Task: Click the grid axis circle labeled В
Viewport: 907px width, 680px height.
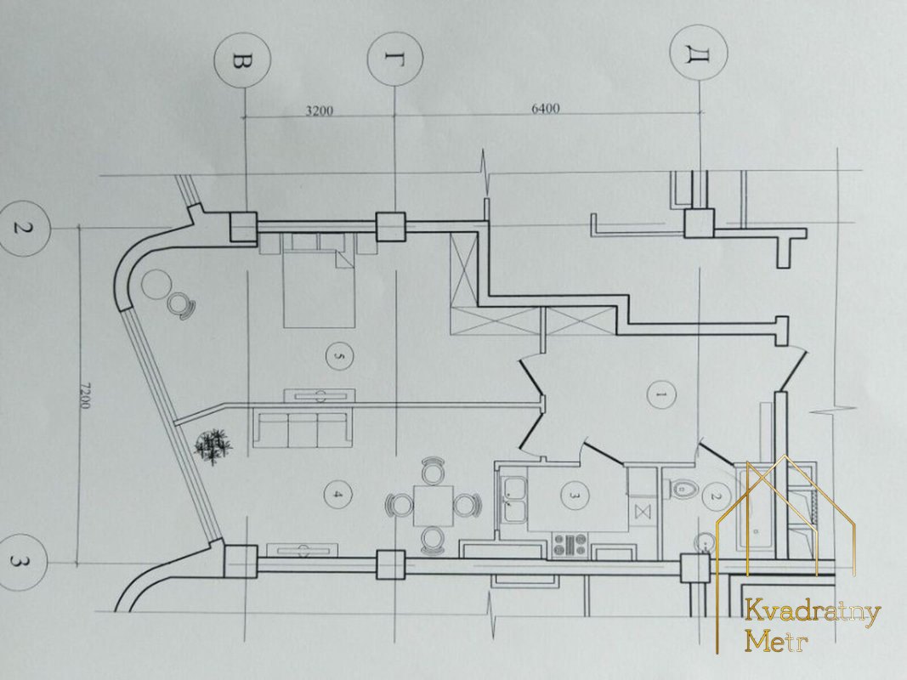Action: click(241, 60)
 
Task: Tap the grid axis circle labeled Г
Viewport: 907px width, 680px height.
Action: click(395, 59)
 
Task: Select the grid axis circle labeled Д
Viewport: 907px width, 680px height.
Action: click(698, 54)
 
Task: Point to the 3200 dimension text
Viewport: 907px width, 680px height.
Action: click(320, 110)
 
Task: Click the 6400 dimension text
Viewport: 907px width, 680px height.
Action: click(546, 108)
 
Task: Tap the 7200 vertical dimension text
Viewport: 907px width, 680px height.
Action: click(84, 395)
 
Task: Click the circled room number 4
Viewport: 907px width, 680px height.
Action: click(338, 495)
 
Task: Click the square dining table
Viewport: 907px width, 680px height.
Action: click(434, 506)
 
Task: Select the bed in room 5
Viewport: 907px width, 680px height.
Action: click(318, 280)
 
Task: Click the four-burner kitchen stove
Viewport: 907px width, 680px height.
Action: click(570, 545)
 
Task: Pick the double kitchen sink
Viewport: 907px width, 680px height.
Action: click(512, 500)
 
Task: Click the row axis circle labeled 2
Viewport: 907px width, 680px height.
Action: click(23, 227)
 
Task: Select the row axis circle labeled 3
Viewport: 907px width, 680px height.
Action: click(22, 561)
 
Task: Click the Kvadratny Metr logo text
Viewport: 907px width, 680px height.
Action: click(812, 626)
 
